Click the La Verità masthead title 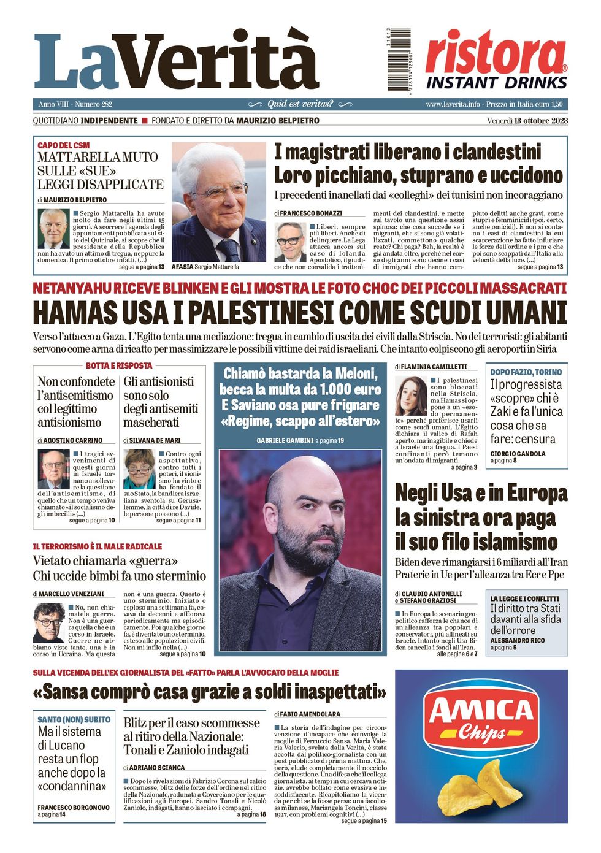tap(177, 61)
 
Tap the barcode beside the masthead tap(399, 60)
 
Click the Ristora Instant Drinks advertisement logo tap(496, 60)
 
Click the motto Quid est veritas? tap(300, 104)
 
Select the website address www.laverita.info tap(453, 104)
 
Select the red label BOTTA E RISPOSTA tap(119, 365)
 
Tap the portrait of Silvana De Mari tap(139, 469)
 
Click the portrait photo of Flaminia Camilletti tap(411, 396)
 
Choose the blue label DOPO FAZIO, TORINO tap(526, 372)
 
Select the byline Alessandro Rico tap(517, 640)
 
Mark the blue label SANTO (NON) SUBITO tap(74, 719)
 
